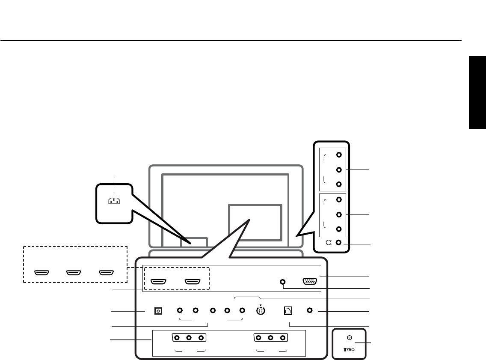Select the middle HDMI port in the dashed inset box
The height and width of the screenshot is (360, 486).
pyautogui.click(x=74, y=273)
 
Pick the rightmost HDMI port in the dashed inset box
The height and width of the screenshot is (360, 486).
pyautogui.click(x=107, y=273)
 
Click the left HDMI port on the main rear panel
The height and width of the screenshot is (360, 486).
pyautogui.click(x=159, y=282)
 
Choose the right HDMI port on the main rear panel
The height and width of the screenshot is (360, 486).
pyautogui.click(x=193, y=282)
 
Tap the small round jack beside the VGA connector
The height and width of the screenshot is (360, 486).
pyautogui.click(x=282, y=282)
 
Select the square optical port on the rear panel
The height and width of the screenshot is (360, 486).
pyautogui.click(x=158, y=311)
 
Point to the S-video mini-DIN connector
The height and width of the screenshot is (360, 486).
pyautogui.click(x=260, y=311)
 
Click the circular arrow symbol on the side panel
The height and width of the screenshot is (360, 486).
pyautogui.click(x=329, y=243)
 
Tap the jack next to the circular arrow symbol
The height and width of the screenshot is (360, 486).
pyautogui.click(x=339, y=243)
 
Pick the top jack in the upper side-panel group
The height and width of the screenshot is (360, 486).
pyautogui.click(x=339, y=156)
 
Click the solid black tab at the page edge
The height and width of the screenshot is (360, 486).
pyautogui.click(x=477, y=92)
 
